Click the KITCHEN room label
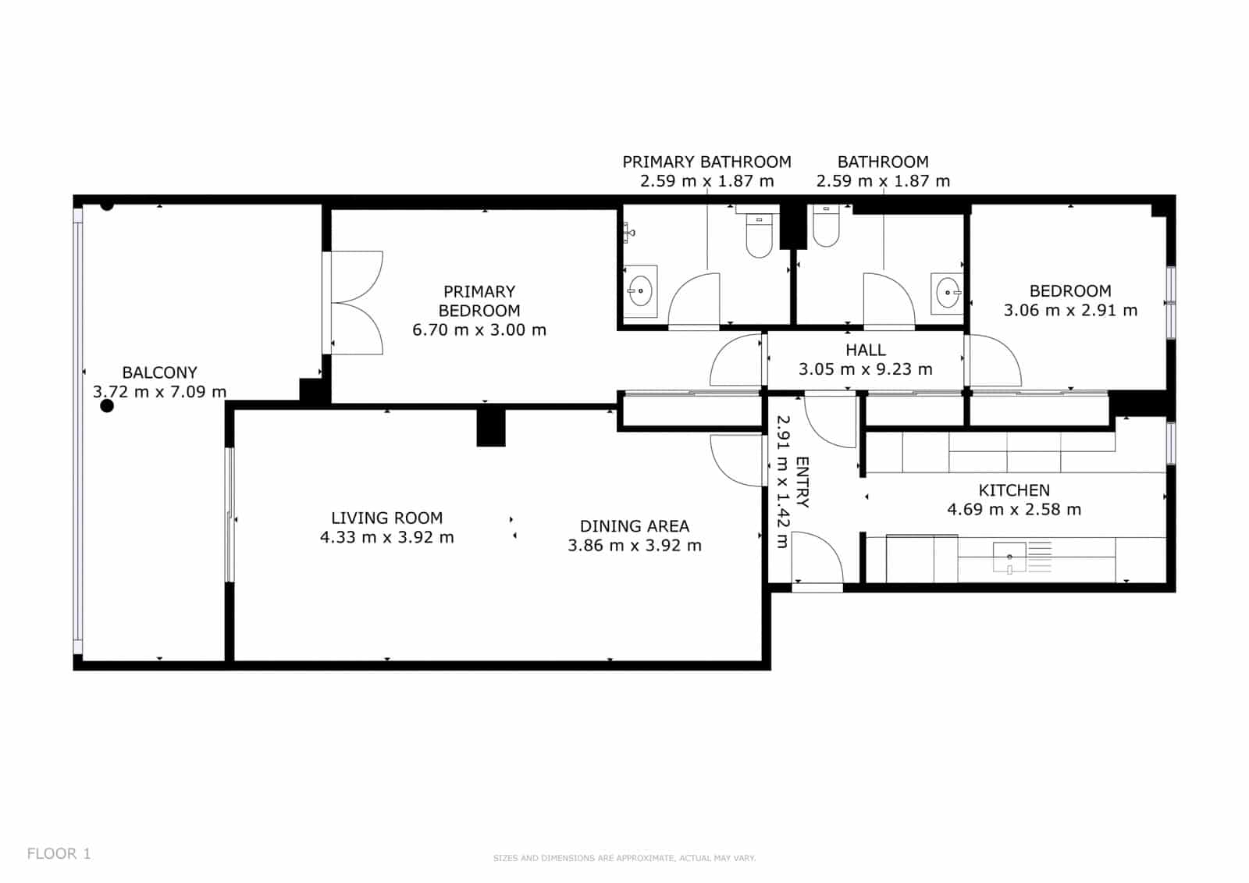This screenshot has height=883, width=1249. (1014, 490)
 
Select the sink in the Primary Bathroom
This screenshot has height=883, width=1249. (640, 290)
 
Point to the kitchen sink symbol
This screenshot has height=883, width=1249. (1009, 557)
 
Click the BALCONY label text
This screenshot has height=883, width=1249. (159, 372)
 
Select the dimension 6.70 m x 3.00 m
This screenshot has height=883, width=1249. (479, 329)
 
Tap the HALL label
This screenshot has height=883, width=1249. (866, 351)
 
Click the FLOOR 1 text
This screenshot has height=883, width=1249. (59, 853)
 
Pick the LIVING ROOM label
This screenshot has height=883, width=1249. (386, 518)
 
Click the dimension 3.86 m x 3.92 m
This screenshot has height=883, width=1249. (634, 545)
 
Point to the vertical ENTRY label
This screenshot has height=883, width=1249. (802, 482)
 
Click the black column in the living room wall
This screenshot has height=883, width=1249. (491, 428)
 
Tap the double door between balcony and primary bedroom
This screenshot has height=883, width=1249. (353, 303)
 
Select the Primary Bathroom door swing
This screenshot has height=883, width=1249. (695, 301)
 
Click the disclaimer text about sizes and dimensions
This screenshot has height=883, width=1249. (624, 858)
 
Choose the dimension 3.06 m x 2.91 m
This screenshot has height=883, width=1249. (1070, 310)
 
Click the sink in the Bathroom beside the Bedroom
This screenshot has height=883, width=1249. (948, 292)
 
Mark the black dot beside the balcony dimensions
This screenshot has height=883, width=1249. (107, 406)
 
